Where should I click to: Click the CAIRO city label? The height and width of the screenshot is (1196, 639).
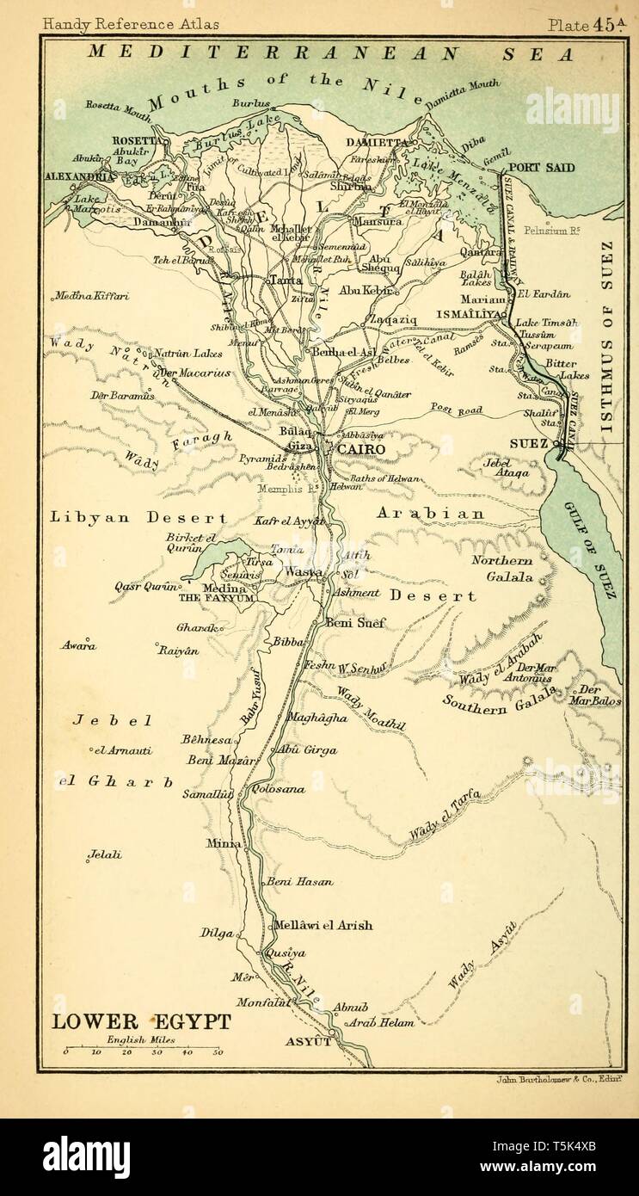pyautogui.click(x=361, y=449)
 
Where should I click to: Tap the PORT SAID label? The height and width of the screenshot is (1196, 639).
pyautogui.click(x=535, y=169)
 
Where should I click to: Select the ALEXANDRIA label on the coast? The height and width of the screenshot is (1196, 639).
pyautogui.click(x=79, y=176)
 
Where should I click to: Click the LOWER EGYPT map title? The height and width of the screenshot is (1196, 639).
pyautogui.click(x=141, y=1021)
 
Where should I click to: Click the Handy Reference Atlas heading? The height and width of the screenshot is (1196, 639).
pyautogui.click(x=130, y=25)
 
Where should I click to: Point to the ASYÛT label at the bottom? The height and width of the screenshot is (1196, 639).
pyautogui.click(x=308, y=1041)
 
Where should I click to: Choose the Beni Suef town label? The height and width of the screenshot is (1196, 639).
pyautogui.click(x=356, y=622)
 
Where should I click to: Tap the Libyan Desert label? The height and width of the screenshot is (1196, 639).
pyautogui.click(x=138, y=518)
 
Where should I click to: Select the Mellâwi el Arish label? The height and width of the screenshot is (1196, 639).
pyautogui.click(x=323, y=926)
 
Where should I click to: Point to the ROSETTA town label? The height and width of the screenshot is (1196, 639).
pyautogui.click(x=136, y=140)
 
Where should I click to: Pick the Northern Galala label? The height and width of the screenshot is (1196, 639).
pyautogui.click(x=503, y=569)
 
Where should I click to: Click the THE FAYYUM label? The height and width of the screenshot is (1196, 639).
pyautogui.click(x=216, y=597)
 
